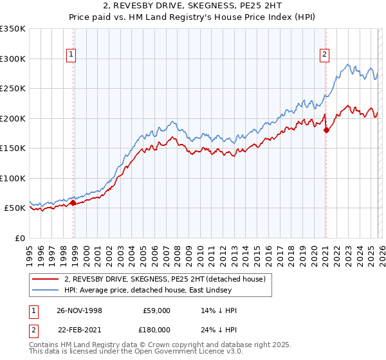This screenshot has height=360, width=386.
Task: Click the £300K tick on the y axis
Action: (13, 59)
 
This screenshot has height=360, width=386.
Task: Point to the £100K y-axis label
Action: (13, 178)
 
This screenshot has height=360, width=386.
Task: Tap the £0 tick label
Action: (19, 238)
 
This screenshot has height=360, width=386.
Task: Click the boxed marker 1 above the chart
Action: (71, 55)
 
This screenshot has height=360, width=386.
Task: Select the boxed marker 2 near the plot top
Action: (325, 55)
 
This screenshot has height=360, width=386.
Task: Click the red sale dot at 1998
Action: (73, 203)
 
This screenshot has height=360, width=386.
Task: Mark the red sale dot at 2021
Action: (326, 130)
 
